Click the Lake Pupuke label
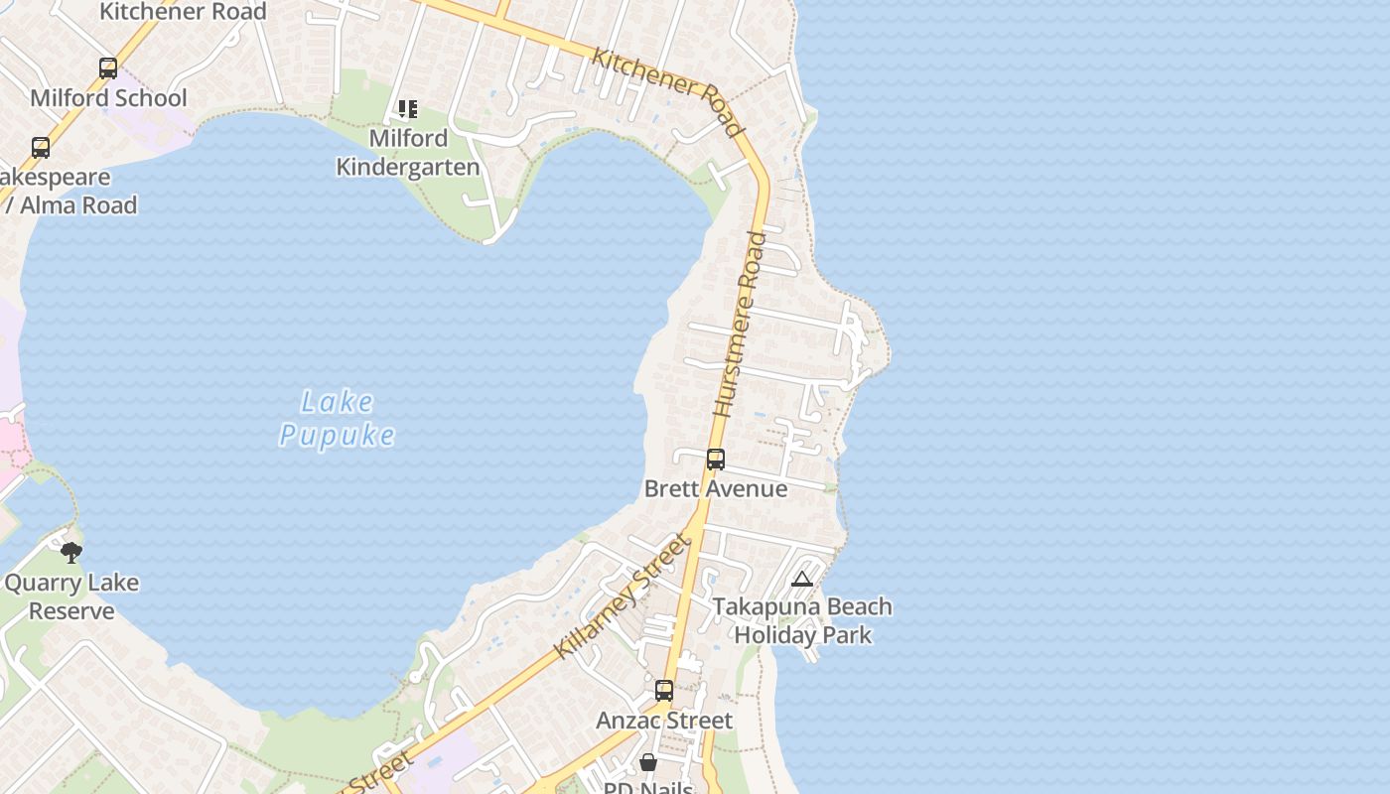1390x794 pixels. (x=338, y=418)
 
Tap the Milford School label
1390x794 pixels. (x=108, y=97)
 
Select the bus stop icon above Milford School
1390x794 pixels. (x=108, y=68)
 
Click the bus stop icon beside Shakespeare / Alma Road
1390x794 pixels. (x=41, y=148)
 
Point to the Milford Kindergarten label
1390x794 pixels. (x=408, y=152)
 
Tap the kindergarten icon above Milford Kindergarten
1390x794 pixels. (x=408, y=108)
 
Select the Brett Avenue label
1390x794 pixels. (x=716, y=488)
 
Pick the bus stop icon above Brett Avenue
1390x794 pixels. (x=716, y=460)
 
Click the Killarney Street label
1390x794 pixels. (x=622, y=596)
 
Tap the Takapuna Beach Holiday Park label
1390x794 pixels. (x=802, y=620)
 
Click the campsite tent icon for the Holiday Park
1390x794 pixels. (x=802, y=580)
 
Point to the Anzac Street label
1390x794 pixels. (x=664, y=720)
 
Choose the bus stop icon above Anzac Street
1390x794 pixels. (x=664, y=691)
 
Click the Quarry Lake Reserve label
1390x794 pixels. (x=71, y=596)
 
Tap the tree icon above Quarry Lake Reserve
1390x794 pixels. (x=71, y=553)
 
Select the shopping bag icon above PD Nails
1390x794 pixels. (x=648, y=762)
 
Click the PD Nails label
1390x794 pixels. (x=648, y=787)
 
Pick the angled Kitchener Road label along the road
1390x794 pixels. (x=667, y=91)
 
